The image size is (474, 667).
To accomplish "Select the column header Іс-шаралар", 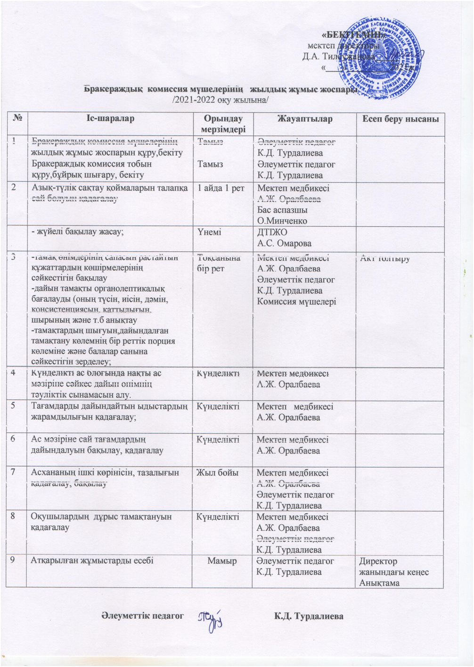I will (x=110, y=118).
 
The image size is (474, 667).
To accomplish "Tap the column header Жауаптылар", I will (x=304, y=118).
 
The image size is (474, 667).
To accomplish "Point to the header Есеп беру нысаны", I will (x=400, y=118).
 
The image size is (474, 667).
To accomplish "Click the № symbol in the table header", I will (x=16, y=118).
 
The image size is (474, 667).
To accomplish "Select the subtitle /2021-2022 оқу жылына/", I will (x=221, y=100).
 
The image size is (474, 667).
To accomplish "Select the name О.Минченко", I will (x=282, y=221).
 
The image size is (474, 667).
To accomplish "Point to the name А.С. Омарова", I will (x=284, y=243).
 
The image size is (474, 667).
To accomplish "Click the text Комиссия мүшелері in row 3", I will (x=296, y=301).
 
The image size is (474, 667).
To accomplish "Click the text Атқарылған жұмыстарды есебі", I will (x=92, y=561).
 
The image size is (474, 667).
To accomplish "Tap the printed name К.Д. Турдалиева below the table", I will (x=309, y=616).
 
